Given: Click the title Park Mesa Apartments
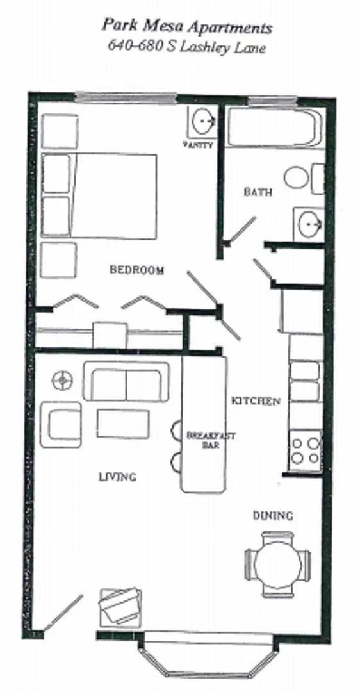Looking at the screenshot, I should tap(186, 28).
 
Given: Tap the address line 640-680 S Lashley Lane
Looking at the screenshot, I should tap(186, 47).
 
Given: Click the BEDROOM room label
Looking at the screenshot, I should tap(136, 270).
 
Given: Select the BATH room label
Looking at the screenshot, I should tap(258, 192).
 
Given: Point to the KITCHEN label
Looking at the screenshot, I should tap(256, 401).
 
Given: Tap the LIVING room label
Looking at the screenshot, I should tap(117, 477).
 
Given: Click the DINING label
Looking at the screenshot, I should tap(272, 515).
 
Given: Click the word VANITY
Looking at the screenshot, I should tap(198, 145).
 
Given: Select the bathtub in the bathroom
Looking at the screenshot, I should tap(274, 128).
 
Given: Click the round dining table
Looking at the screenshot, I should tap(277, 564).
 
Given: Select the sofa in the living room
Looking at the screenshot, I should tap(126, 382).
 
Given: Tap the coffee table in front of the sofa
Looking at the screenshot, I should tap(122, 424).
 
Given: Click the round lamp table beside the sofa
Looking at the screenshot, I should tap(63, 380).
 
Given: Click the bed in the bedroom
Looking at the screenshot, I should tap(100, 196).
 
